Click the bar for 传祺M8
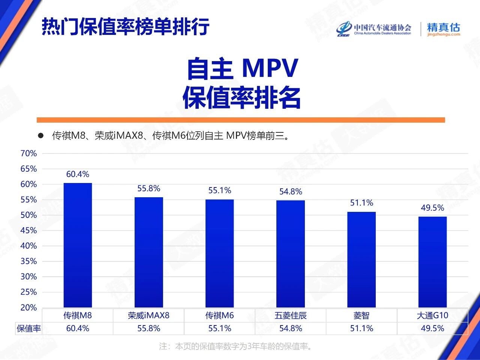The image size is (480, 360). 78,245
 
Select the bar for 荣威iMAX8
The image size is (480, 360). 149,252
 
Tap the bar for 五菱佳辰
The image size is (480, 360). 291,254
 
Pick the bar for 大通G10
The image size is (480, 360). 432,262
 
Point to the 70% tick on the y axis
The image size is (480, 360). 28,153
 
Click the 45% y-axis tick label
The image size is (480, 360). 28,230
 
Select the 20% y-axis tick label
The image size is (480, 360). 28,307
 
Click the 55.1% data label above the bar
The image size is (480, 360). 220,190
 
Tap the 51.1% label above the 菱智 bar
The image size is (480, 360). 361,203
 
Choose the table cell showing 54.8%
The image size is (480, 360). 291,328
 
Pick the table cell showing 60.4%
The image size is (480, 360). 78,328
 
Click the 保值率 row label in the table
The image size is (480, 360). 28,328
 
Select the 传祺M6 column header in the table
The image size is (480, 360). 220,316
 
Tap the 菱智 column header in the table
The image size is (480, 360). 361,316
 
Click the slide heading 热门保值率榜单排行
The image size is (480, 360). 125,26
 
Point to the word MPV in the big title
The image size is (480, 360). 270,68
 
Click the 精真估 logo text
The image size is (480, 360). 443,27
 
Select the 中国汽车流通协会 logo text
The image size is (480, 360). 382,27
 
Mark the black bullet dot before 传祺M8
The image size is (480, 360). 41,135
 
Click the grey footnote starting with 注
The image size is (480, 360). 235,346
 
